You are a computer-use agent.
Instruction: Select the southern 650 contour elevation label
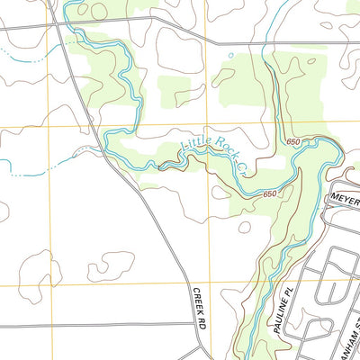pyautogui.click(x=271, y=194)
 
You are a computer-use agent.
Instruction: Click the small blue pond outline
pyautogui.click(x=230, y=55)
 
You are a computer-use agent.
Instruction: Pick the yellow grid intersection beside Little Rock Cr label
pyautogui.click(x=206, y=125)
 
